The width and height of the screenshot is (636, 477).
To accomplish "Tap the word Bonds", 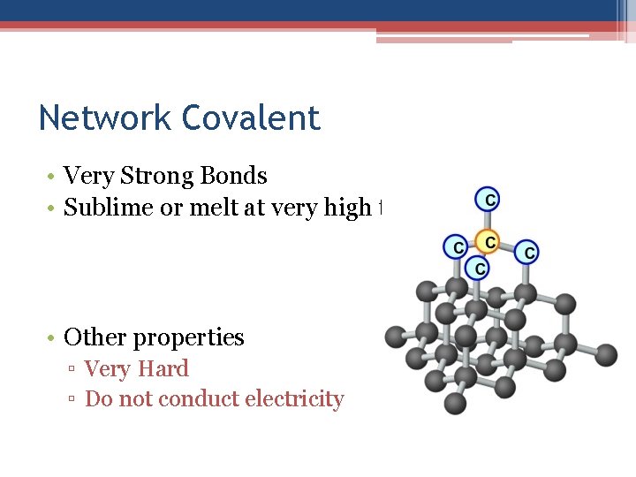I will click(235, 176).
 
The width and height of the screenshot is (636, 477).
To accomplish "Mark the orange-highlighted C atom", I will click(488, 241).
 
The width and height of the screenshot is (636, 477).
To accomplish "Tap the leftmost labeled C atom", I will click(456, 247).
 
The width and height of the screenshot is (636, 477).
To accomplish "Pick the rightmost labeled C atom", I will click(527, 253).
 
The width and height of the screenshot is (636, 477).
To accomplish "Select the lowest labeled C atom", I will click(478, 267).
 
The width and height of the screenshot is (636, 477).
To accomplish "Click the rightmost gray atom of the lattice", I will click(605, 355).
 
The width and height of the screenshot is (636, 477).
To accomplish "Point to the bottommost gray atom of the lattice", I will click(455, 403).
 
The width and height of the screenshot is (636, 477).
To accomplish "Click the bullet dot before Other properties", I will click(54, 338).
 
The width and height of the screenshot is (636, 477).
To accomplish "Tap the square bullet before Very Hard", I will click(73, 370).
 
